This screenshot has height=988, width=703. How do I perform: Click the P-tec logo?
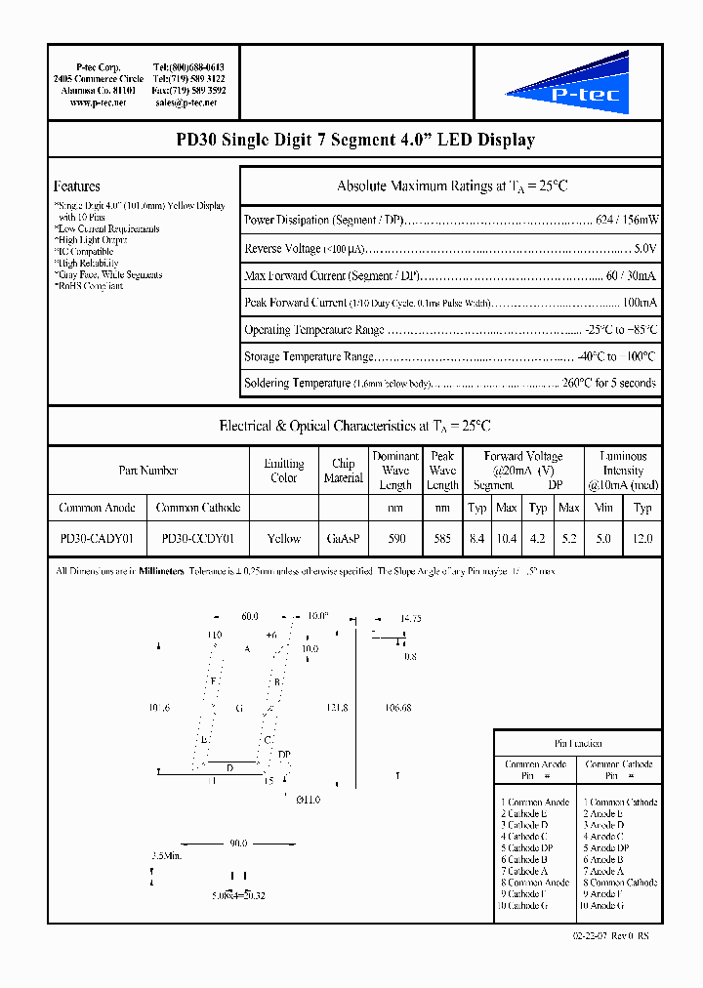pos(567,85)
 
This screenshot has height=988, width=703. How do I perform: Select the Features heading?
pos(77,185)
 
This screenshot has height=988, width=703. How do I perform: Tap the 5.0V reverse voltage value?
pos(644,249)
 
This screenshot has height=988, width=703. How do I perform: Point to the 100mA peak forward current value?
pos(640,303)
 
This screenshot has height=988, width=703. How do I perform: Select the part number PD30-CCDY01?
pos(198,538)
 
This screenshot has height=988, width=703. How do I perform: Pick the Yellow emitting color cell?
pos(284,538)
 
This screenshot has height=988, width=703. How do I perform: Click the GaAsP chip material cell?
pos(343,538)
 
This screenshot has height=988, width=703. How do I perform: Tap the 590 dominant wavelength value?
pos(395,538)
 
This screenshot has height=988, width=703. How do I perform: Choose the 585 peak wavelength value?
pos(442,538)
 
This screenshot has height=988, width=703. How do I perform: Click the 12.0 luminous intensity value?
pos(642,538)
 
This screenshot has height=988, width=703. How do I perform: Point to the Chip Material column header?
pos(343,471)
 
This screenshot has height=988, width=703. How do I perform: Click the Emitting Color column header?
pos(284,471)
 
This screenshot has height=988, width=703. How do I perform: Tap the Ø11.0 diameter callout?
pos(308,800)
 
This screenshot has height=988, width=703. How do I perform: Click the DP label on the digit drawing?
pos(284,754)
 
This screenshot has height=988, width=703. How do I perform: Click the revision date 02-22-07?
pos(591,935)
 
